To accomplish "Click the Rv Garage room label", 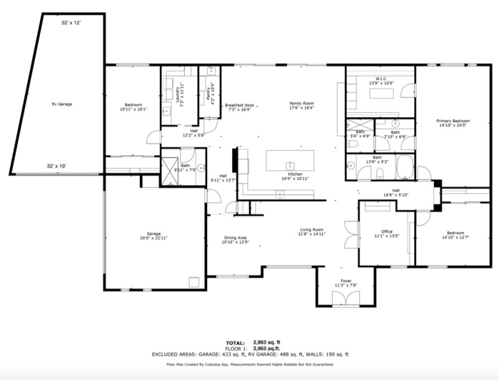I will (61, 104).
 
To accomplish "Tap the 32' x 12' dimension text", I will (71, 22).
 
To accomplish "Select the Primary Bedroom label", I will (453, 121).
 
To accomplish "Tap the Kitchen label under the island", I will (296, 174).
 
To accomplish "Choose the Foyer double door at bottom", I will (341, 299).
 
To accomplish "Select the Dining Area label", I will (236, 238).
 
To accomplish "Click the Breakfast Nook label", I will (240, 105).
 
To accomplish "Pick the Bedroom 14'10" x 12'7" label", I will (453, 233).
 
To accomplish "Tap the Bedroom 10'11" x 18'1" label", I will (133, 105).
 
